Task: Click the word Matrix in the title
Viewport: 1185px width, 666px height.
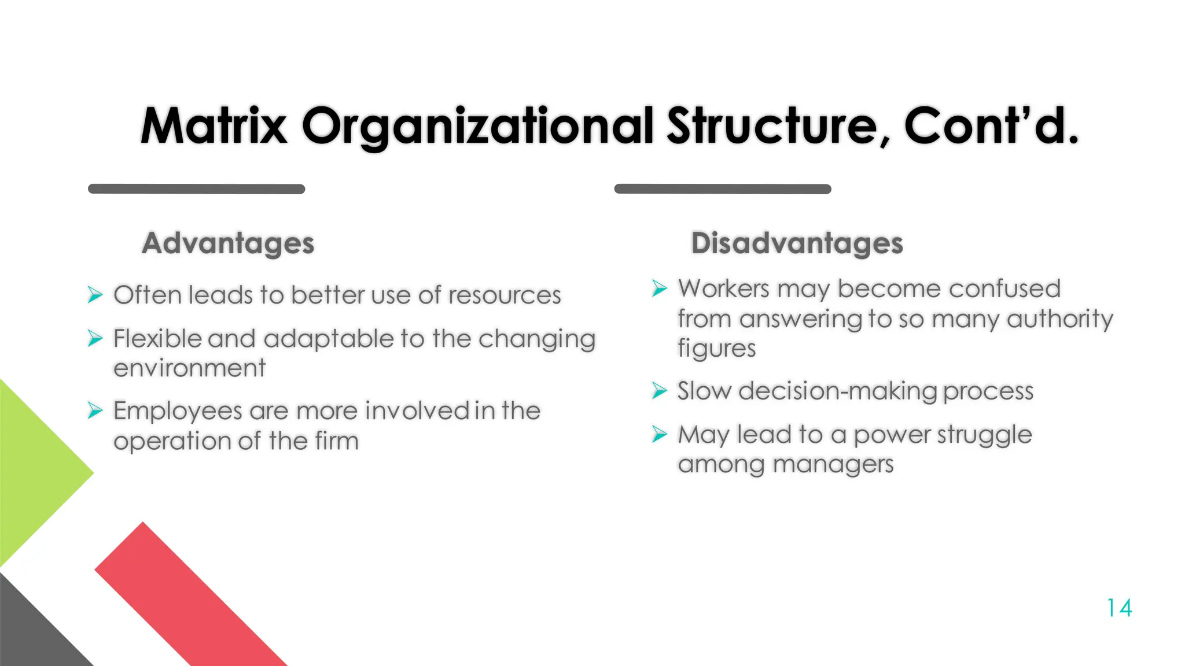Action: tap(214, 126)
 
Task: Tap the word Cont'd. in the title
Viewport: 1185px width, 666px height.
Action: tap(991, 126)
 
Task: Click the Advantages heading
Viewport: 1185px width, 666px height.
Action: tap(228, 243)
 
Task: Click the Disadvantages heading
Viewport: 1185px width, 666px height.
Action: tap(797, 243)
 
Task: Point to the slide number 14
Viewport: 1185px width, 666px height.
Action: tap(1119, 608)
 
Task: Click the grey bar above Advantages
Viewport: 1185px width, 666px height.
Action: tap(196, 189)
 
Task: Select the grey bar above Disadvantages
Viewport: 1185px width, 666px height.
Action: tap(722, 189)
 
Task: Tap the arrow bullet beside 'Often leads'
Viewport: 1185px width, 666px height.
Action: tap(95, 295)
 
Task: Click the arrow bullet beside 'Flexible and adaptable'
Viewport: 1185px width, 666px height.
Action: tap(95, 338)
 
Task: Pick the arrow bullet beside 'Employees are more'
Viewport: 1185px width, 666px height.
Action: tap(95, 410)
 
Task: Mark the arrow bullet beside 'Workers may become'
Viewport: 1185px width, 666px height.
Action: tap(659, 288)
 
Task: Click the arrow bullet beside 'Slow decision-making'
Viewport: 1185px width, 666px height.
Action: tap(659, 391)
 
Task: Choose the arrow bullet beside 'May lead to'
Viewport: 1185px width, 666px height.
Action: tap(659, 434)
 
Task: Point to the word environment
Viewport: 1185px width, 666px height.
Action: tap(189, 368)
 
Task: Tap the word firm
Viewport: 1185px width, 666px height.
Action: tap(337, 441)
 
